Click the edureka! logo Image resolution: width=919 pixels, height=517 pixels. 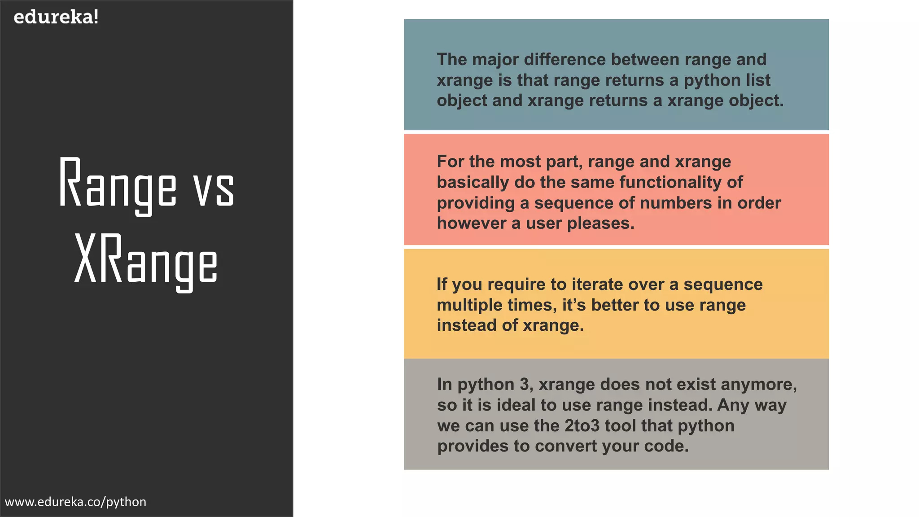[56, 17]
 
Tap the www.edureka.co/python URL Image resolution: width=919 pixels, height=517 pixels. [75, 502]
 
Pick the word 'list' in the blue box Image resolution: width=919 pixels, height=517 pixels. [758, 80]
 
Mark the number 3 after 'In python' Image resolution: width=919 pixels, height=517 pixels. [524, 385]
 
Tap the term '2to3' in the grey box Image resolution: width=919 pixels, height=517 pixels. [582, 426]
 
